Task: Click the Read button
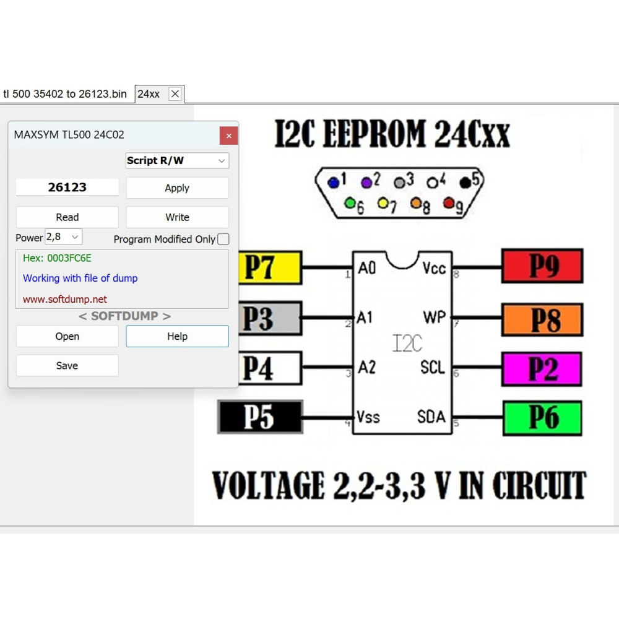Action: pos(67,217)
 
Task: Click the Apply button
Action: pos(177,188)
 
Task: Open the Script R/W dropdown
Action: pos(177,161)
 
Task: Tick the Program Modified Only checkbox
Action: pos(223,239)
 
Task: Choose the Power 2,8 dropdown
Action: pos(64,237)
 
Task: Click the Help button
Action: pos(177,336)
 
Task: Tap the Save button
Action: pos(67,366)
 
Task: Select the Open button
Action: pos(67,336)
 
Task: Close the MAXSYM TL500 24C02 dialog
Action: pos(228,136)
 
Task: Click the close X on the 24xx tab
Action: pos(175,94)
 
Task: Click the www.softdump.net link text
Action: pos(65,299)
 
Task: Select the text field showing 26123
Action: pos(67,187)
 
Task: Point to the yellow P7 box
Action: pos(270,267)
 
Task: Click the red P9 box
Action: pos(542,266)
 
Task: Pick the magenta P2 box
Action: pos(542,369)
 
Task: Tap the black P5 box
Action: pos(260,417)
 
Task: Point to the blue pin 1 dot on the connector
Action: pos(334,183)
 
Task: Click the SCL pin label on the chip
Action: pos(433,368)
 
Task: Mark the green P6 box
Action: pos(542,418)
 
